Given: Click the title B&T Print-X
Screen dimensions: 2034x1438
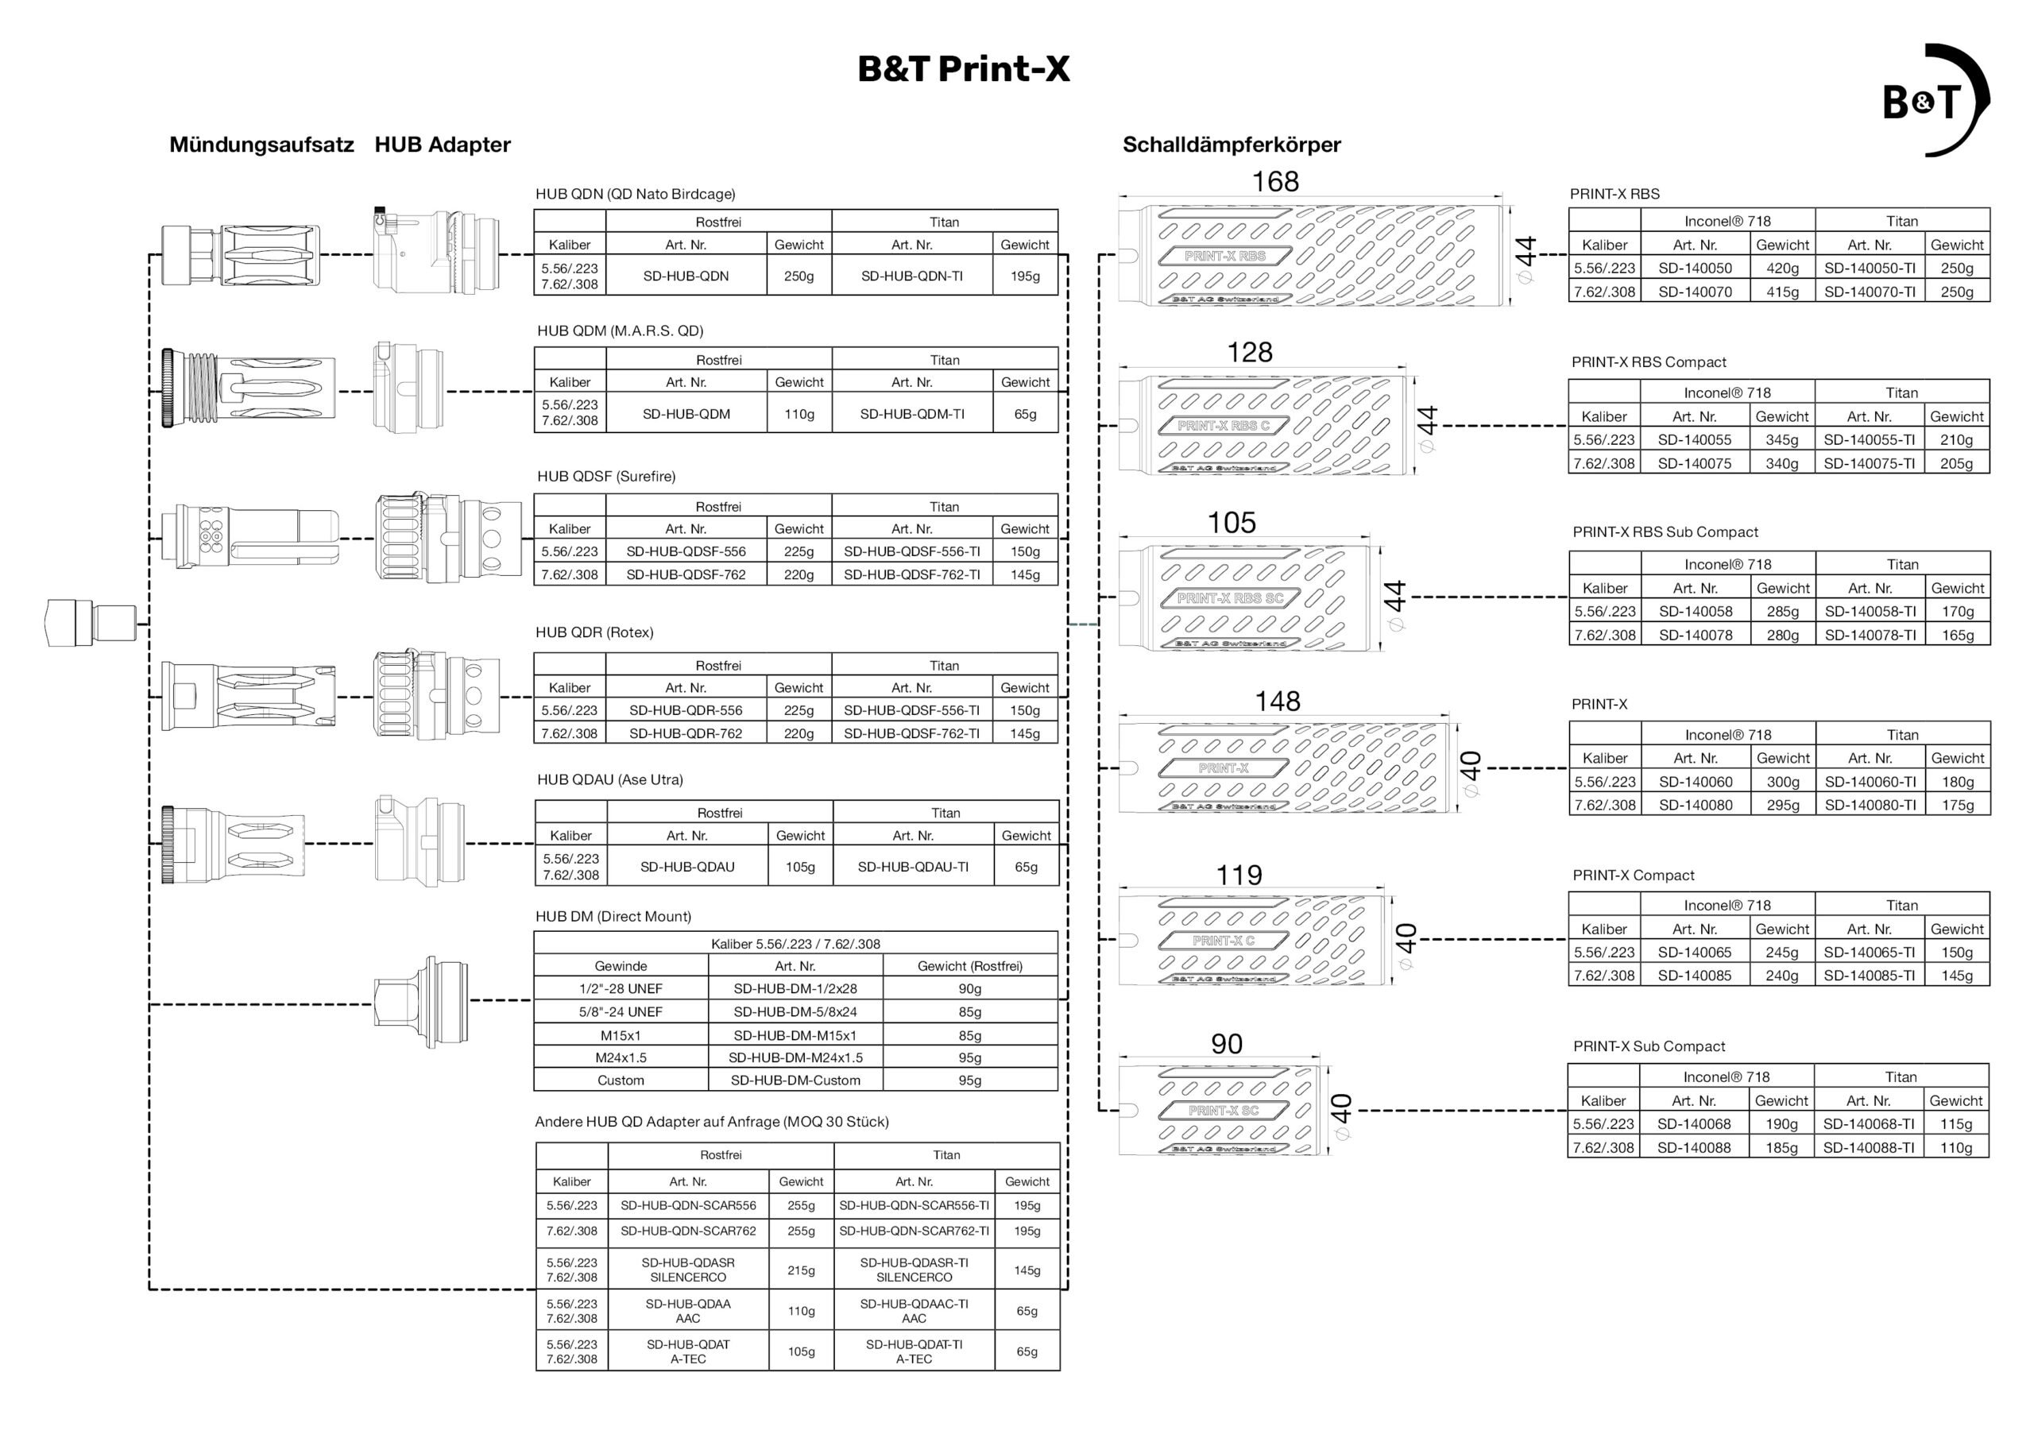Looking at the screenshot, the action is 964,69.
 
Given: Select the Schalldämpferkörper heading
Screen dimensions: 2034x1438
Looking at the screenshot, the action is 1232,145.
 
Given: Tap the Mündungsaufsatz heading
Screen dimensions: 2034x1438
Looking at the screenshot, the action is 261,145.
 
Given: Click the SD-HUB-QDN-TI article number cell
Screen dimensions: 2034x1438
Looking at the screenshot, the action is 911,276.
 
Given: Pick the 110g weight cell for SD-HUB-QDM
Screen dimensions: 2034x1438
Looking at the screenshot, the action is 799,414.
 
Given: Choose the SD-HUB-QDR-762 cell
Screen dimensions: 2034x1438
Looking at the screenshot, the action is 686,733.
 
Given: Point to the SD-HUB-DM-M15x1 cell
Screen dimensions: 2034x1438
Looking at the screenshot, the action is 795,1035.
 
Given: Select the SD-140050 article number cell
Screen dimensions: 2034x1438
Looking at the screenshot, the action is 1695,269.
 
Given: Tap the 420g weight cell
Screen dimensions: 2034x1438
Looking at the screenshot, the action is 1782,269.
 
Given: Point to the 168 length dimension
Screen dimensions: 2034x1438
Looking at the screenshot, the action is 1274,182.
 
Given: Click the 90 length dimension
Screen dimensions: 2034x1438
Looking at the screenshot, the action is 1226,1045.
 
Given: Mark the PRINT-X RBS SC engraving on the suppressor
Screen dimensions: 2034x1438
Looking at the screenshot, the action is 1230,598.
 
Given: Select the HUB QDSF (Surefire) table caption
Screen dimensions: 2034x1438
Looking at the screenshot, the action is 606,477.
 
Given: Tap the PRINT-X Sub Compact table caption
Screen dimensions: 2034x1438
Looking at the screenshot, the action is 1649,1046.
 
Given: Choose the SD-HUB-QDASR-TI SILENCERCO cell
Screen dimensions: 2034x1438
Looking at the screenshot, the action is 914,1270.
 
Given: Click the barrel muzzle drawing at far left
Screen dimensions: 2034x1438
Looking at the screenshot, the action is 91,623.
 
